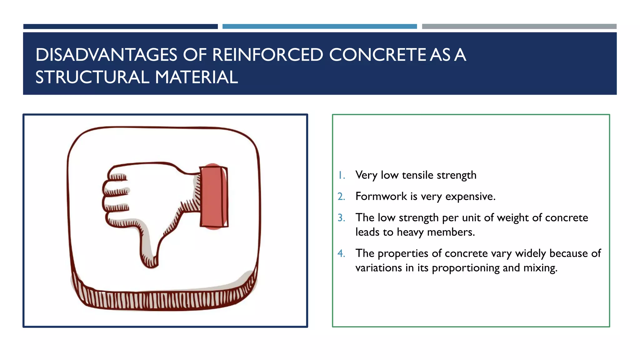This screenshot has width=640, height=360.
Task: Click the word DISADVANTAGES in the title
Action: tap(106, 55)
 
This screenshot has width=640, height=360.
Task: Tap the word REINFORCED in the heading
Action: tap(267, 55)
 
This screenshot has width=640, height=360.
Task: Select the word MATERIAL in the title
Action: tap(196, 77)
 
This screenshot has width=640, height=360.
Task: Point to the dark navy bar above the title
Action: tap(120, 27)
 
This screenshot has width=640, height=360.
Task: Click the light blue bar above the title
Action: tap(319, 27)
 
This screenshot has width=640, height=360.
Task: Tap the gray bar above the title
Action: tap(519, 27)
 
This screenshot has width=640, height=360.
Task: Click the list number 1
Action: tap(342, 175)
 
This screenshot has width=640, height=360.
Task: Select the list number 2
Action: tap(341, 197)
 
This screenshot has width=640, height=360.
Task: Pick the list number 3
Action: tap(341, 218)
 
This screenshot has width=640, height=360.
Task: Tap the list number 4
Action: tap(341, 253)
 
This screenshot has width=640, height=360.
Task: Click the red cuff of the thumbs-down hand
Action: tap(214, 197)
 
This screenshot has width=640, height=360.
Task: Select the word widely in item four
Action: tap(531, 253)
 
